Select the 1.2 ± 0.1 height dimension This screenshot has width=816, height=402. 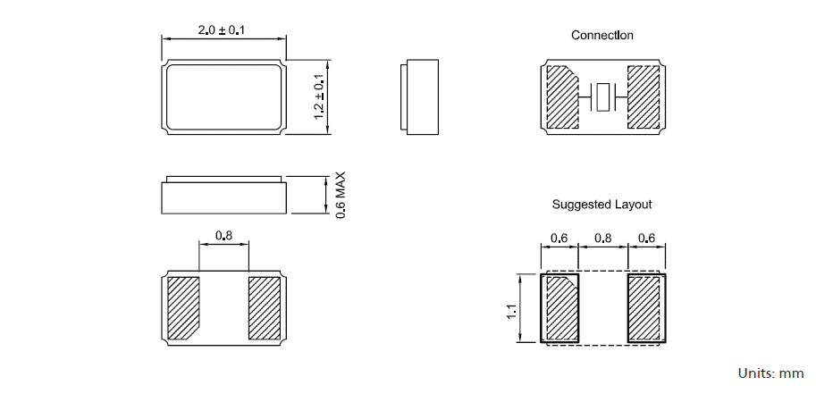[x=318, y=98]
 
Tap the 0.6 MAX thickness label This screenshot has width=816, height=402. [x=340, y=195]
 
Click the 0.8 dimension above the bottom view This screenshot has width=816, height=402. [x=223, y=237]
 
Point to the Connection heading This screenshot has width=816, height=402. [x=602, y=36]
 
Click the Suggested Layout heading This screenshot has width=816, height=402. [x=601, y=205]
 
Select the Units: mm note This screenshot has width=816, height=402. [x=770, y=373]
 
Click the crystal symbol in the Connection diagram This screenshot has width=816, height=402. [x=604, y=96]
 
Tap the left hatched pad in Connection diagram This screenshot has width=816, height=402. [x=561, y=96]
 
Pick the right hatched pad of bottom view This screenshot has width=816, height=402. [x=265, y=308]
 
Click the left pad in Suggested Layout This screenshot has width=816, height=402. [x=560, y=308]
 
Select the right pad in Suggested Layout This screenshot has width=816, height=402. [x=644, y=308]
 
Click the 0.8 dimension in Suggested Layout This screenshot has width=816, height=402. [x=602, y=239]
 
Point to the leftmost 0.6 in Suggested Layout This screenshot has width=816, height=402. [x=559, y=239]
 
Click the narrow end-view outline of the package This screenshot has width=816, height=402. [x=420, y=98]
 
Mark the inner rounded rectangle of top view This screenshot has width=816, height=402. [x=223, y=98]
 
